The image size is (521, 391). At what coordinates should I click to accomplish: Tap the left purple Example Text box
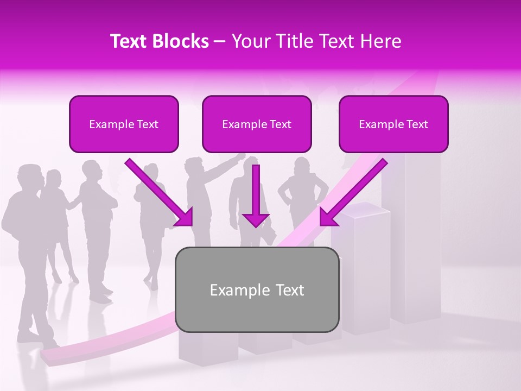124,124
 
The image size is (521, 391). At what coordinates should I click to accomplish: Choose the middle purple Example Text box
257,124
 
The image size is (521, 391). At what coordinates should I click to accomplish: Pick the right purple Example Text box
393,124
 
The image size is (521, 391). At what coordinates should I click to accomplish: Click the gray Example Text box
257,289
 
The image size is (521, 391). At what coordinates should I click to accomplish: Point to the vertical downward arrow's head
256,219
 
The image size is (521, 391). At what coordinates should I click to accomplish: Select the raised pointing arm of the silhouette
228,163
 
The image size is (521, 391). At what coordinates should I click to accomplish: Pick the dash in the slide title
220,41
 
